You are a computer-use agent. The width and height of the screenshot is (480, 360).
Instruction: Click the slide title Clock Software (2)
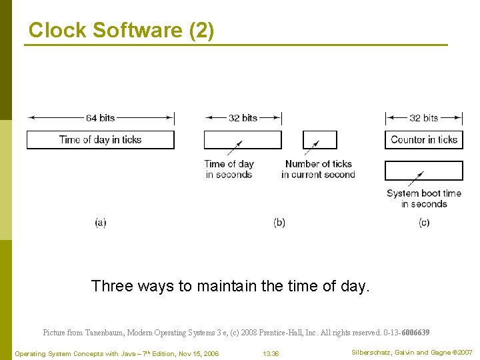pos(121,30)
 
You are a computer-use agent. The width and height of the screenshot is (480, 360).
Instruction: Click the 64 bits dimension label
pos(100,118)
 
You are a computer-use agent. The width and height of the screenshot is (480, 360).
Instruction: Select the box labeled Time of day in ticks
pos(100,139)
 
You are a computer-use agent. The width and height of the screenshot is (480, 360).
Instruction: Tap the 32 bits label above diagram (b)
pos(243,118)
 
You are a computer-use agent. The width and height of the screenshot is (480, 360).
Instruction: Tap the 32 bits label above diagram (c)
pos(423,118)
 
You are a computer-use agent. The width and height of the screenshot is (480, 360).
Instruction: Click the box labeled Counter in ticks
pos(423,139)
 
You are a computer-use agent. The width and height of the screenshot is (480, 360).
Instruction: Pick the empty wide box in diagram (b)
pos(243,139)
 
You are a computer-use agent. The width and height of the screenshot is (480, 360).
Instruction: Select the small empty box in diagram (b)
pos(320,139)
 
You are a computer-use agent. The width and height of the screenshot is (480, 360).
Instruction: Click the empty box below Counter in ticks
pos(423,171)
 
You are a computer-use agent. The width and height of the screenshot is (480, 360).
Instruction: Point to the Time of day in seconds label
pos(229,169)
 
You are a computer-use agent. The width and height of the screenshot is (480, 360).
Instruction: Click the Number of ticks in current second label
pos(318,169)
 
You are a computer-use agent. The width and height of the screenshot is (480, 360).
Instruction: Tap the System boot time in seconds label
pos(423,199)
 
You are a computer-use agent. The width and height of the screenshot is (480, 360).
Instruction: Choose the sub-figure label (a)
pos(100,223)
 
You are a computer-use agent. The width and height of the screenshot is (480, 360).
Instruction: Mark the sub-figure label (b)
pos(279,223)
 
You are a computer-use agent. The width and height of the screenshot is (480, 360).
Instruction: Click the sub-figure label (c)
pos(424,223)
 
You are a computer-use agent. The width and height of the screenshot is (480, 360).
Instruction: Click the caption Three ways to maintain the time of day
pos(230,287)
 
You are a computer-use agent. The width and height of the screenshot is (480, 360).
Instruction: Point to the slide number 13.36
pos(271,353)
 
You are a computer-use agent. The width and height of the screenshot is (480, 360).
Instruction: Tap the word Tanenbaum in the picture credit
pos(105,332)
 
